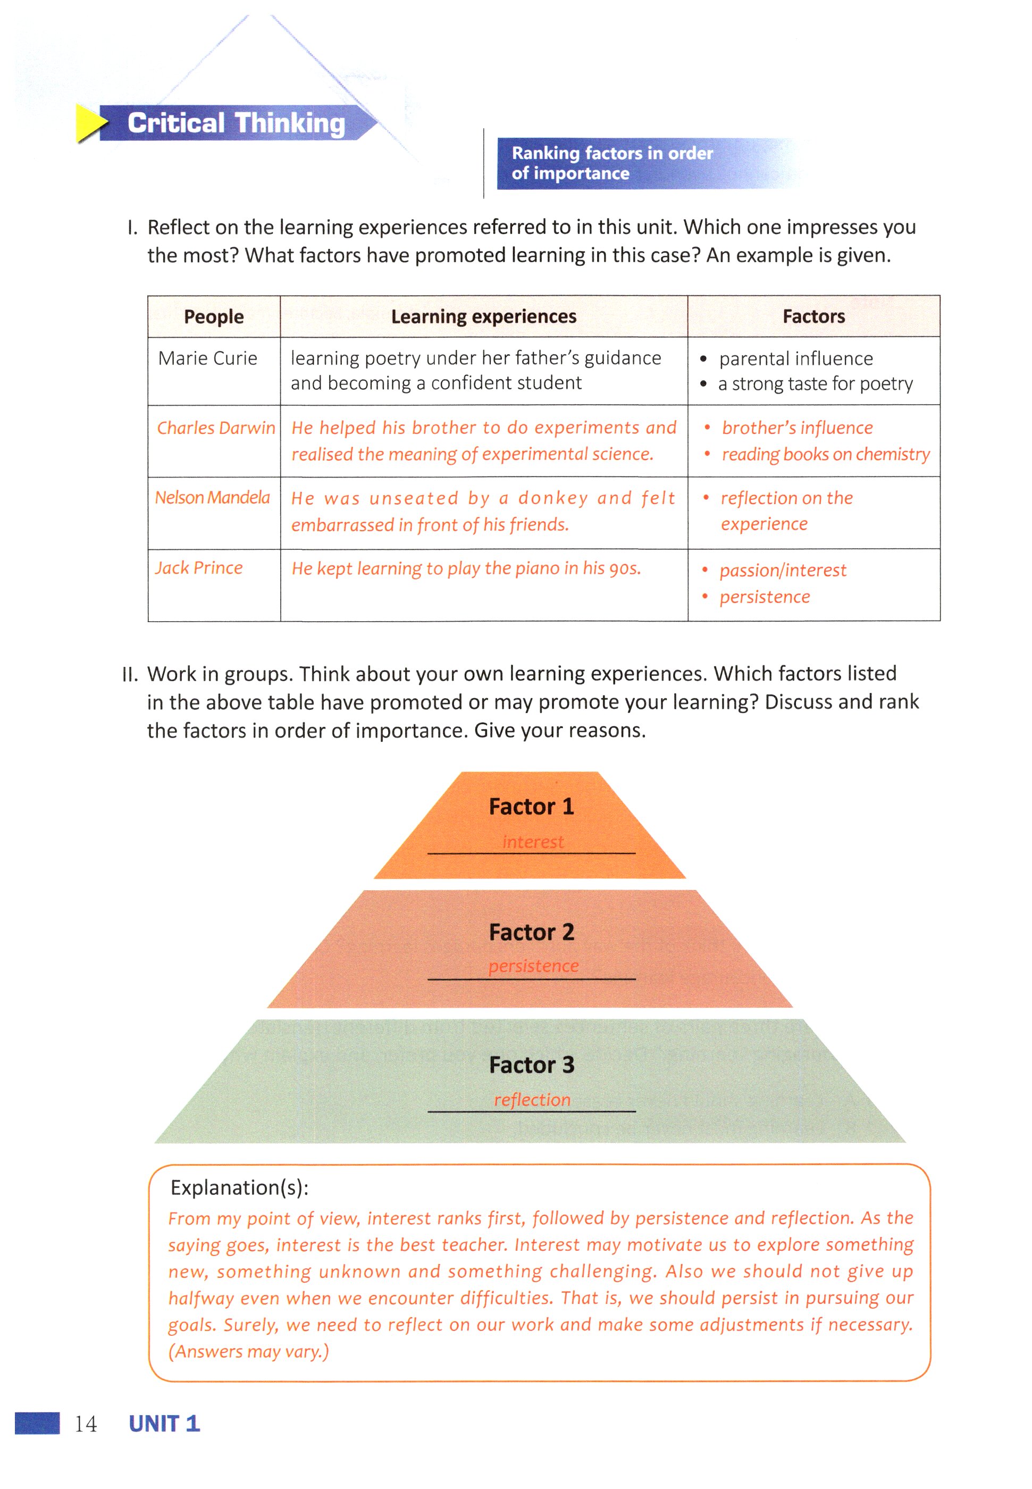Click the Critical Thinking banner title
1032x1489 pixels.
pos(236,123)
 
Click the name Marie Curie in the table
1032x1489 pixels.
pos(207,358)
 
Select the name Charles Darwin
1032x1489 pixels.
pos(216,428)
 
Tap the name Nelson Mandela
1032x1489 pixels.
pos(212,497)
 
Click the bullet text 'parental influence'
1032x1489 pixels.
pos(795,359)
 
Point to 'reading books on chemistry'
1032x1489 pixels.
pos(825,455)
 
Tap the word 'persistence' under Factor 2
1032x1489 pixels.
pos(533,966)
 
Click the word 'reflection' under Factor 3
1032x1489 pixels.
pos(532,1100)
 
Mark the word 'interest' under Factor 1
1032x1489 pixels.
pos(533,842)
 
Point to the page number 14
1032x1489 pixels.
pos(86,1424)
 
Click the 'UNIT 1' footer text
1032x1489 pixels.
pos(164,1424)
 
